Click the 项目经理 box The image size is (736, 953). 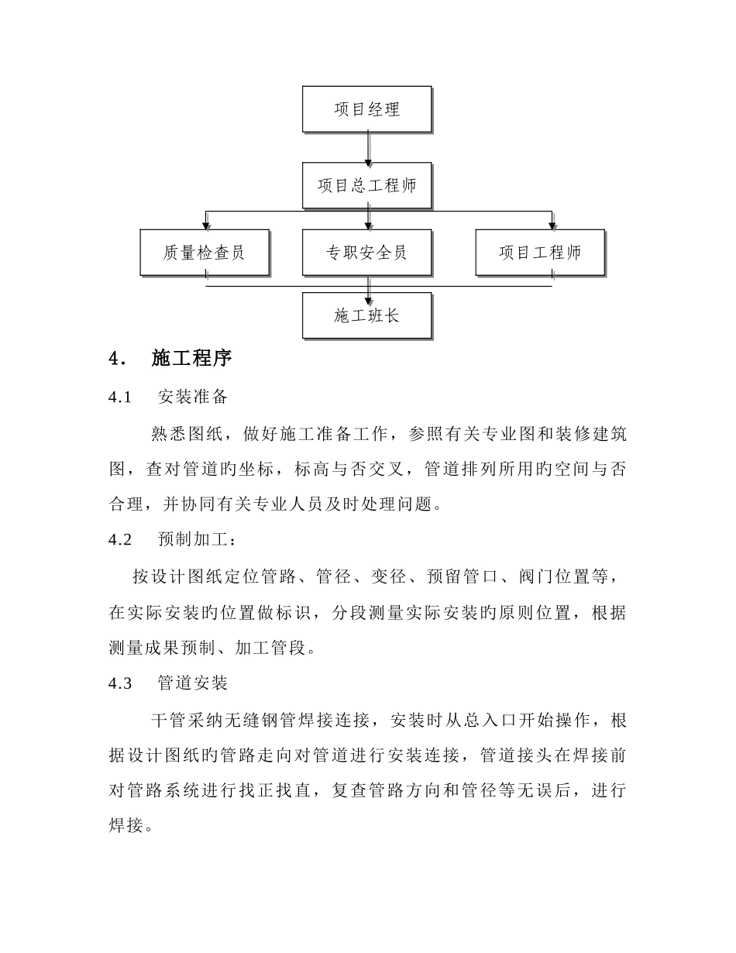[366, 109]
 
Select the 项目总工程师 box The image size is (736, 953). [366, 186]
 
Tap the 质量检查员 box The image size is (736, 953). [205, 253]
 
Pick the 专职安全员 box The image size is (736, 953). [366, 253]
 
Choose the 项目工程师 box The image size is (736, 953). [540, 253]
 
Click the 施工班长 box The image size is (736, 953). [366, 315]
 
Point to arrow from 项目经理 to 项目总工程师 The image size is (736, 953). [368, 148]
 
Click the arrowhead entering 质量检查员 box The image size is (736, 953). [205, 225]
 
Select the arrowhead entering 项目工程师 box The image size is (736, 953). [552, 225]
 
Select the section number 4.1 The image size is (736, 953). [122, 397]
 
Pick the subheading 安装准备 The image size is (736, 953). [192, 397]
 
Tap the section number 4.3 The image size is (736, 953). [122, 683]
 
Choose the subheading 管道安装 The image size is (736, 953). [192, 683]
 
